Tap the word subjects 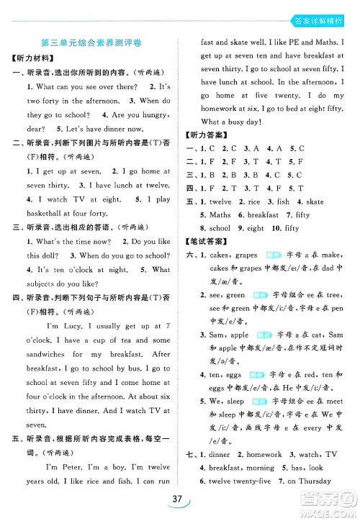[x=42, y=283]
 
